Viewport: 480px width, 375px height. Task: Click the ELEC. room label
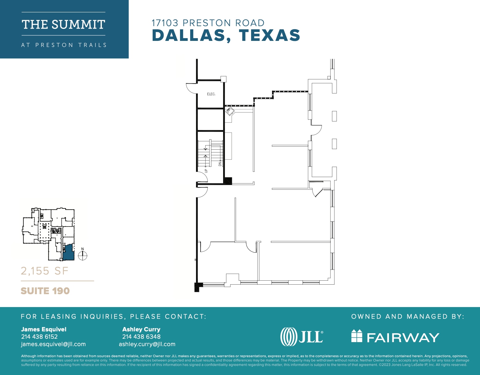point(211,94)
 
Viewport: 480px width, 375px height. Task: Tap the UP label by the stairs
point(206,171)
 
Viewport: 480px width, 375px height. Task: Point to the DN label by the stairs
point(220,164)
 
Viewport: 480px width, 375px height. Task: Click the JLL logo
point(302,337)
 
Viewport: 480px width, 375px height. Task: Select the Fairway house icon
point(357,336)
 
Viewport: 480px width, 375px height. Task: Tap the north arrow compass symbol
point(83,255)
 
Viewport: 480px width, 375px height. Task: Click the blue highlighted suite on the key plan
point(69,253)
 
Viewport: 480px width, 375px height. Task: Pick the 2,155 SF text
point(44,271)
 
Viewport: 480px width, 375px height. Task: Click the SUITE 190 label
point(45,291)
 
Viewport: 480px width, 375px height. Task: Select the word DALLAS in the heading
point(189,35)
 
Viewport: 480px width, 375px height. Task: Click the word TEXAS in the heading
point(270,35)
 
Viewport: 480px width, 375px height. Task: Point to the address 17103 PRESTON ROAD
point(208,23)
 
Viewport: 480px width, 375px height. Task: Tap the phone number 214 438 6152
point(39,337)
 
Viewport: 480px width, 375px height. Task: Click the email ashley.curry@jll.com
point(147,344)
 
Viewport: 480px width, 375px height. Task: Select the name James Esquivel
point(44,329)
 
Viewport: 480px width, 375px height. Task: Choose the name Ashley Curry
point(141,329)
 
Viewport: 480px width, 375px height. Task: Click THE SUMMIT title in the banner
point(63,25)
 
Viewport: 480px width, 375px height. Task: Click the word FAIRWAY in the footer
point(403,338)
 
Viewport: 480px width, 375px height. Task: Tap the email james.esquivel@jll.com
point(53,344)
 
